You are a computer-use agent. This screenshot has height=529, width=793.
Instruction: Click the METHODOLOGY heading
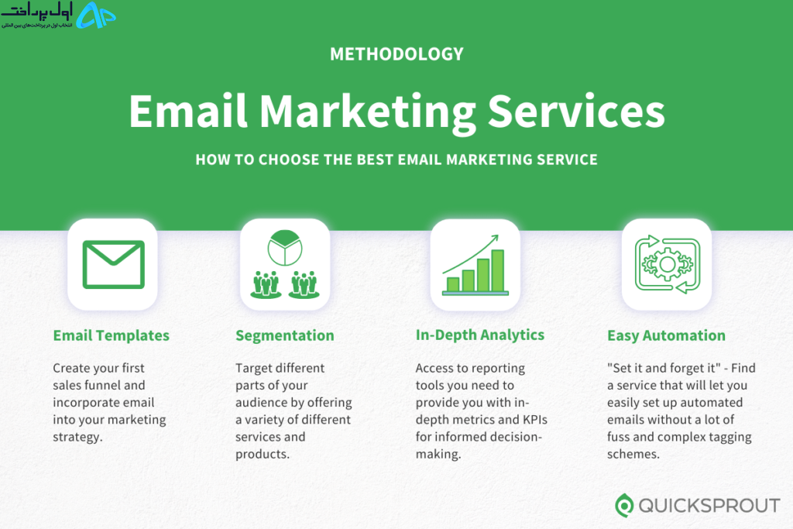coord(396,54)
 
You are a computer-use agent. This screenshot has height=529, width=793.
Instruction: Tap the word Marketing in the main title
coord(368,112)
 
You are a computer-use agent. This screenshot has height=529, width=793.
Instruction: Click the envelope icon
coord(113,265)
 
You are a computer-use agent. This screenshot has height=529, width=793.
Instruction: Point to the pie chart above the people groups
coord(285,248)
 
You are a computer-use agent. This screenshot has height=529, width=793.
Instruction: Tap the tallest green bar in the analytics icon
coord(498,270)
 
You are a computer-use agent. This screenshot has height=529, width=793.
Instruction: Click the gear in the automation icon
coord(667,264)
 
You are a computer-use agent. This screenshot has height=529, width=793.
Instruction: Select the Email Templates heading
coord(112,335)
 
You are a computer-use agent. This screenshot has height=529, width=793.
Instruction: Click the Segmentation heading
coord(285,336)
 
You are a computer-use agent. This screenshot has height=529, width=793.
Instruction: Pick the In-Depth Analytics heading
coord(480,335)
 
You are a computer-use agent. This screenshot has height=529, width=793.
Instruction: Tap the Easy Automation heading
coord(666,336)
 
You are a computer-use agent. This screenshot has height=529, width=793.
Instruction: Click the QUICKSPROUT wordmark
coord(709,505)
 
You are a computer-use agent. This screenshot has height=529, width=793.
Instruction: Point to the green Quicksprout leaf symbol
coord(624,505)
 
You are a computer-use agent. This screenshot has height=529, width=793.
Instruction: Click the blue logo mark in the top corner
coord(96,15)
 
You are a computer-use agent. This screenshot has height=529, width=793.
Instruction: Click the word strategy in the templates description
coord(78,438)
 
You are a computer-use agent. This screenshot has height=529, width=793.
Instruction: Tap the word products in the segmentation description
coord(263,454)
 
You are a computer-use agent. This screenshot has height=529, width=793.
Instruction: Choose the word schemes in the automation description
coord(633,454)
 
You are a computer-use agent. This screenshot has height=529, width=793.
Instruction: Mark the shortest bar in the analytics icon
coord(453,285)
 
